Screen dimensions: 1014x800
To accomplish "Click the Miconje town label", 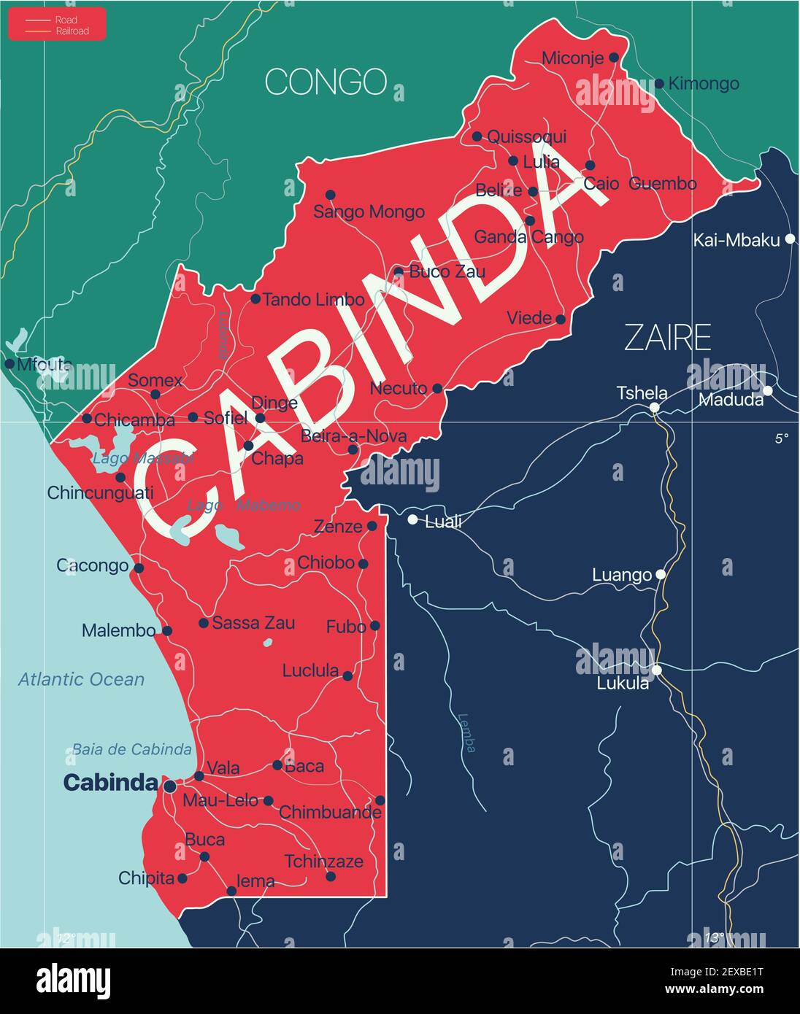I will pyautogui.click(x=572, y=58).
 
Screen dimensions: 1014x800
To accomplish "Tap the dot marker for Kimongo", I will pyautogui.click(x=659, y=84).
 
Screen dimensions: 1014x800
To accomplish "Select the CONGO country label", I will pyautogui.click(x=326, y=82).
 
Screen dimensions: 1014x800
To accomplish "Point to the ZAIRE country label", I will pyautogui.click(x=667, y=338).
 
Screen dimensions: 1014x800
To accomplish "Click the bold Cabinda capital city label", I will pyautogui.click(x=110, y=783).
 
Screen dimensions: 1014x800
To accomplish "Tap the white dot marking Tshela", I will pyautogui.click(x=655, y=407).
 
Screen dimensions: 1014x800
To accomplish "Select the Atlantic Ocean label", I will pyautogui.click(x=81, y=679).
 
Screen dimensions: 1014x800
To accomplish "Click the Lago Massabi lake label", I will pyautogui.click(x=143, y=459).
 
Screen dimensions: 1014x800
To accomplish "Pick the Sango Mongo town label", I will pyautogui.click(x=369, y=212).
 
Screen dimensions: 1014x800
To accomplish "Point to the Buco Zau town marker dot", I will pyautogui.click(x=399, y=272).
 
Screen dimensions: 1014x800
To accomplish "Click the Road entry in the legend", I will pyautogui.click(x=66, y=20).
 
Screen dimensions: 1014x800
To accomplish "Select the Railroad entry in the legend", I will pyautogui.click(x=72, y=31).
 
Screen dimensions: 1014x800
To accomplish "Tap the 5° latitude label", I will pyautogui.click(x=782, y=438).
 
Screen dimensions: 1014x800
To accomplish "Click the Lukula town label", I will pyautogui.click(x=623, y=684).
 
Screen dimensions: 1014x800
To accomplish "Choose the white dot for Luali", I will pyautogui.click(x=412, y=519).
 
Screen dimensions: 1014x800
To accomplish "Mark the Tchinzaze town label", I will pyautogui.click(x=323, y=861).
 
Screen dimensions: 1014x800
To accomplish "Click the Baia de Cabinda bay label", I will pyautogui.click(x=131, y=749).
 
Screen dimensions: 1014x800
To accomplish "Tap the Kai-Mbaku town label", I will pyautogui.click(x=736, y=240).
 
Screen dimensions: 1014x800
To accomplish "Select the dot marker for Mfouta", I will pyautogui.click(x=9, y=363).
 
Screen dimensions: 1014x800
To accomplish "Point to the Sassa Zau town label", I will pyautogui.click(x=253, y=622).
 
